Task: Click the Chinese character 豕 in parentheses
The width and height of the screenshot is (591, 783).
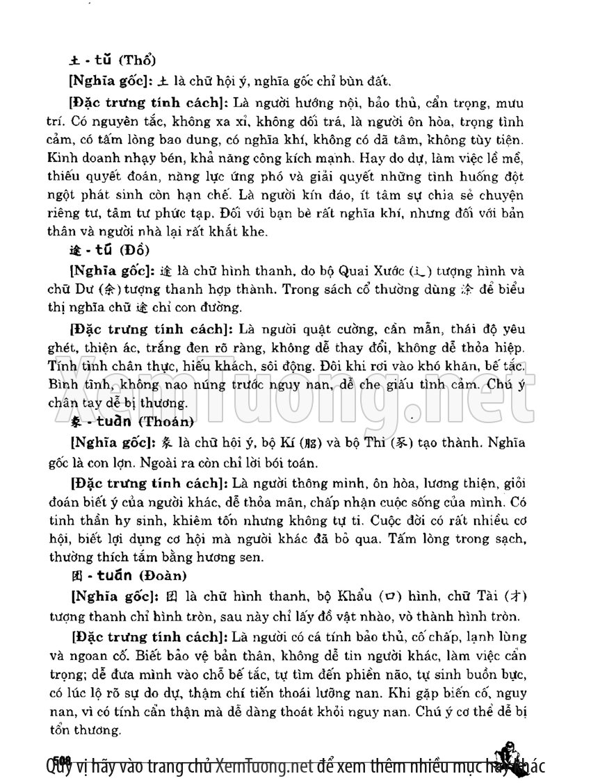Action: [390, 440]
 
